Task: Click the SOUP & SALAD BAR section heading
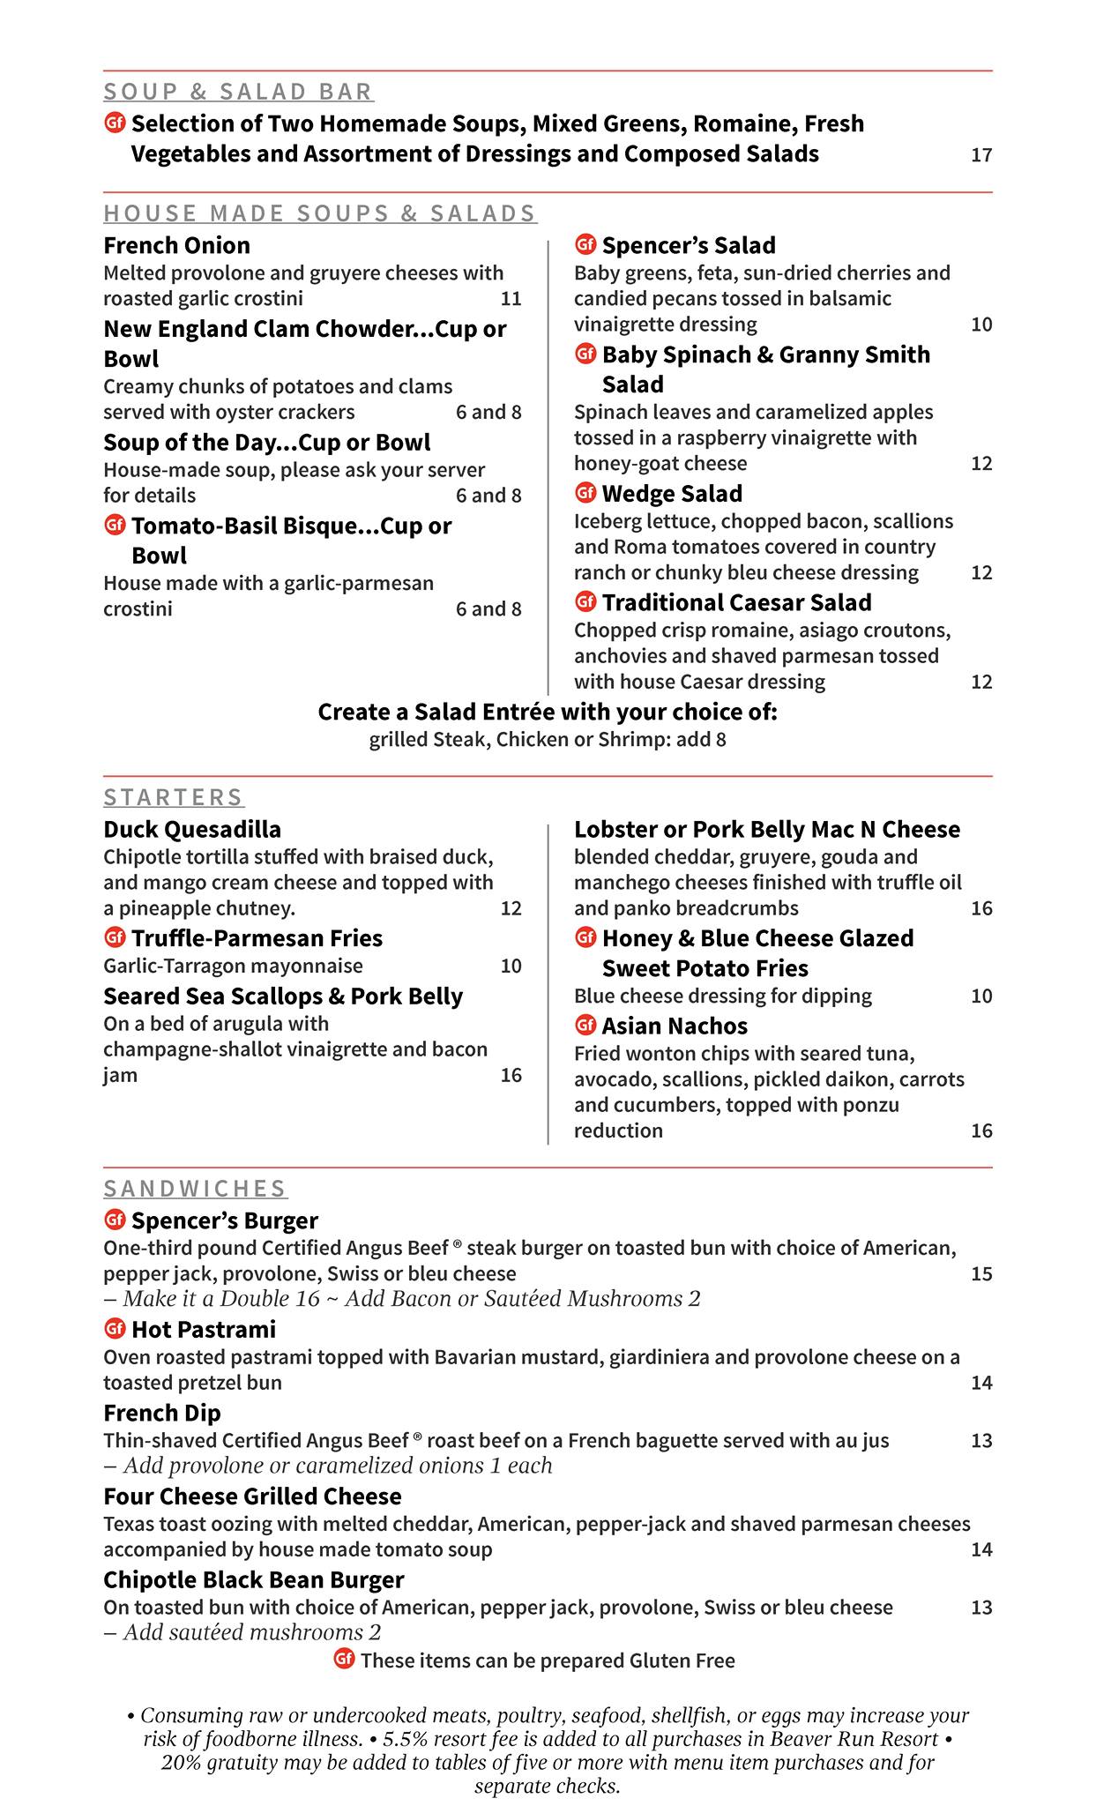[238, 92]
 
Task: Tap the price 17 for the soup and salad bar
[981, 156]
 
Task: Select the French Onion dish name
[176, 245]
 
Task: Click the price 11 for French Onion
[511, 299]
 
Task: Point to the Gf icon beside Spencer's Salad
[585, 244]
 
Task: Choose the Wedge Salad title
[672, 494]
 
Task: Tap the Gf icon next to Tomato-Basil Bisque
[114, 526]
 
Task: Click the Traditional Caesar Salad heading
[736, 603]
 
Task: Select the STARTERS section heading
[174, 798]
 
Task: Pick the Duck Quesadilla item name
[192, 830]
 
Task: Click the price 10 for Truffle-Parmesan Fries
[511, 966]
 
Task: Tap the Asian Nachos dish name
[675, 1026]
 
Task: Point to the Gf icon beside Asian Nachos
[585, 1026]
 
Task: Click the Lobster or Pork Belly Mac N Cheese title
[766, 830]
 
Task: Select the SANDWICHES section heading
[195, 1189]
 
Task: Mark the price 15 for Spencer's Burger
[981, 1274]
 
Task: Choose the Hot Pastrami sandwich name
[204, 1330]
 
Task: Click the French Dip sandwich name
[162, 1414]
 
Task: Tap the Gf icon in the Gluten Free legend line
[344, 1660]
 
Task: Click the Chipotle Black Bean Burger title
[253, 1580]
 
